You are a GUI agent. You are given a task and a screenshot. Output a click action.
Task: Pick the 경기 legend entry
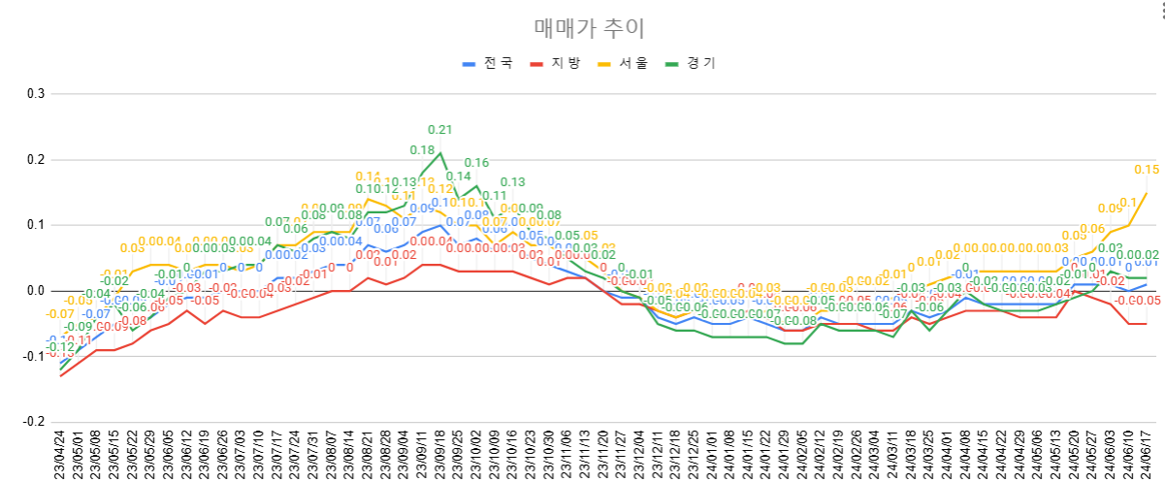(x=693, y=63)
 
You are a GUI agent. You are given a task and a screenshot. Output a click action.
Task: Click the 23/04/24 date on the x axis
(x=60, y=454)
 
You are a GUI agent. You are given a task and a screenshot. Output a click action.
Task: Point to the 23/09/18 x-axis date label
(x=440, y=454)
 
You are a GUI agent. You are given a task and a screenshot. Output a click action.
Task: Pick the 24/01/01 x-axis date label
(x=712, y=454)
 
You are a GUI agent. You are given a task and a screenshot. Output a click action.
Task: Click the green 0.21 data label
(x=440, y=130)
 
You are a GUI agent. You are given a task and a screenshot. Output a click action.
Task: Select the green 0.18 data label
(x=422, y=150)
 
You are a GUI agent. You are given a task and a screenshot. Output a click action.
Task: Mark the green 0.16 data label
(x=476, y=163)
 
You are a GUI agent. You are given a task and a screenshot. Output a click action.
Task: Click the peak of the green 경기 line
(x=440, y=152)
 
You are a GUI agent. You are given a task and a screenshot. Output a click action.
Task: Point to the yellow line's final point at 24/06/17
(x=1147, y=192)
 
